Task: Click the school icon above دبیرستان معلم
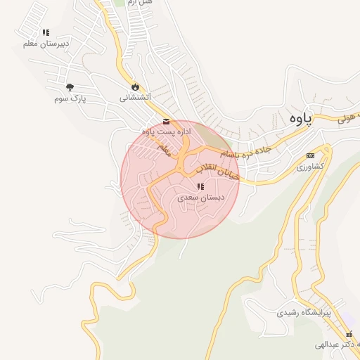(x=46, y=32)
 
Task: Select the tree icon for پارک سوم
(x=70, y=87)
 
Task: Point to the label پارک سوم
(x=69, y=99)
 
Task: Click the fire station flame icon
(x=134, y=86)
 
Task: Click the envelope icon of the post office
(x=166, y=121)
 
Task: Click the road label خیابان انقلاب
(x=217, y=171)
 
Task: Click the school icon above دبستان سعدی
(x=200, y=187)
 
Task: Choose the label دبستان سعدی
(x=200, y=198)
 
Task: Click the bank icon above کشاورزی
(x=310, y=155)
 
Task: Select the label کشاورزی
(x=309, y=167)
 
